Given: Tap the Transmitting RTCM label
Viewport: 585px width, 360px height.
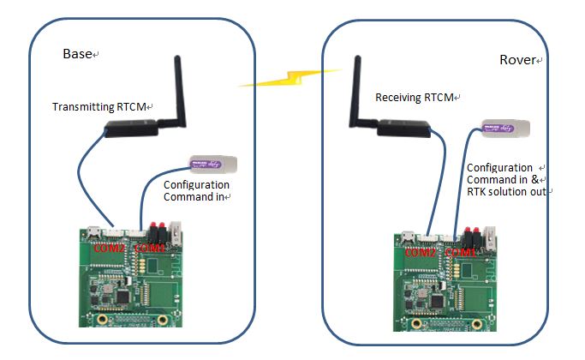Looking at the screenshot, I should click(101, 107).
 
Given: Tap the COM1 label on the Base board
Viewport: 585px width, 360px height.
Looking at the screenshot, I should click(149, 248).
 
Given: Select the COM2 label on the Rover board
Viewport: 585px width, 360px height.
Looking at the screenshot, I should click(421, 253).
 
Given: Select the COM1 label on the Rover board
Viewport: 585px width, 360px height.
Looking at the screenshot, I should click(462, 253).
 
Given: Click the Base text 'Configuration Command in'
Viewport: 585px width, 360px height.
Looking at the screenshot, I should click(196, 190).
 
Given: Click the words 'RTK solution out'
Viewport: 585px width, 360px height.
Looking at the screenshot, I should click(505, 191).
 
